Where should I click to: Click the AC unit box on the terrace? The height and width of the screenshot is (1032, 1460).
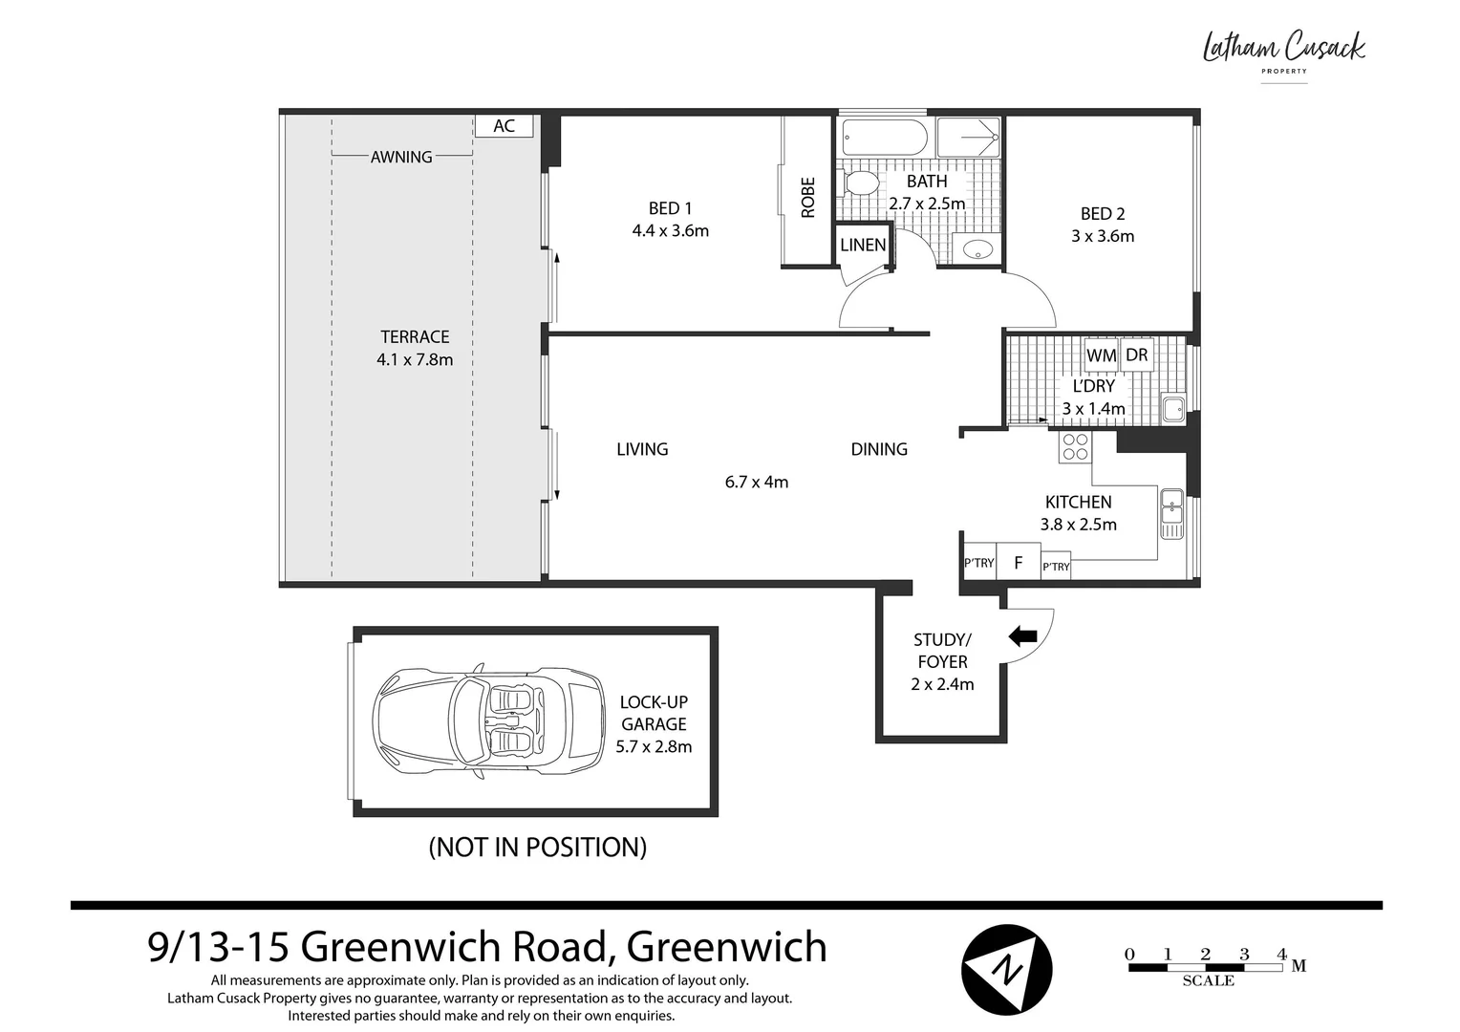504,126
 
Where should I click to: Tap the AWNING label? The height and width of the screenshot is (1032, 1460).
401,157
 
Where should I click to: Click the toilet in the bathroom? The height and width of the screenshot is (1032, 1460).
860,183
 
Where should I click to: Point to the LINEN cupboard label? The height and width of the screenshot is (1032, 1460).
863,246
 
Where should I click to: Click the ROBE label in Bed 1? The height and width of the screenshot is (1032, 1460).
807,198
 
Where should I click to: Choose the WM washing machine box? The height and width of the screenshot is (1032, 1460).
1102,355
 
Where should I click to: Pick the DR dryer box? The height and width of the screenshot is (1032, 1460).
1137,355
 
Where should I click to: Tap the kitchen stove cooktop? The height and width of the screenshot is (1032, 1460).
1076,447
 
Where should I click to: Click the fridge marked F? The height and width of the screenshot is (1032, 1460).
1019,561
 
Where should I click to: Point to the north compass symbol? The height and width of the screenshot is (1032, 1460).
1006,970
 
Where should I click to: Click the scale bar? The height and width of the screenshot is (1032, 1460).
1206,967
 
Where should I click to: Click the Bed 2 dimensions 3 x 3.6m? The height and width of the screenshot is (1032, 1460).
1103,236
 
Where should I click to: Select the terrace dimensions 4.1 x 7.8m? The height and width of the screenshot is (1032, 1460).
415,359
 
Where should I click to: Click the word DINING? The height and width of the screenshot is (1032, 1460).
879,449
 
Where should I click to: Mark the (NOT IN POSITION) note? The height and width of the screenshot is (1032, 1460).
538,847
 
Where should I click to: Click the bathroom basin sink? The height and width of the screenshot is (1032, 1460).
977,248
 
